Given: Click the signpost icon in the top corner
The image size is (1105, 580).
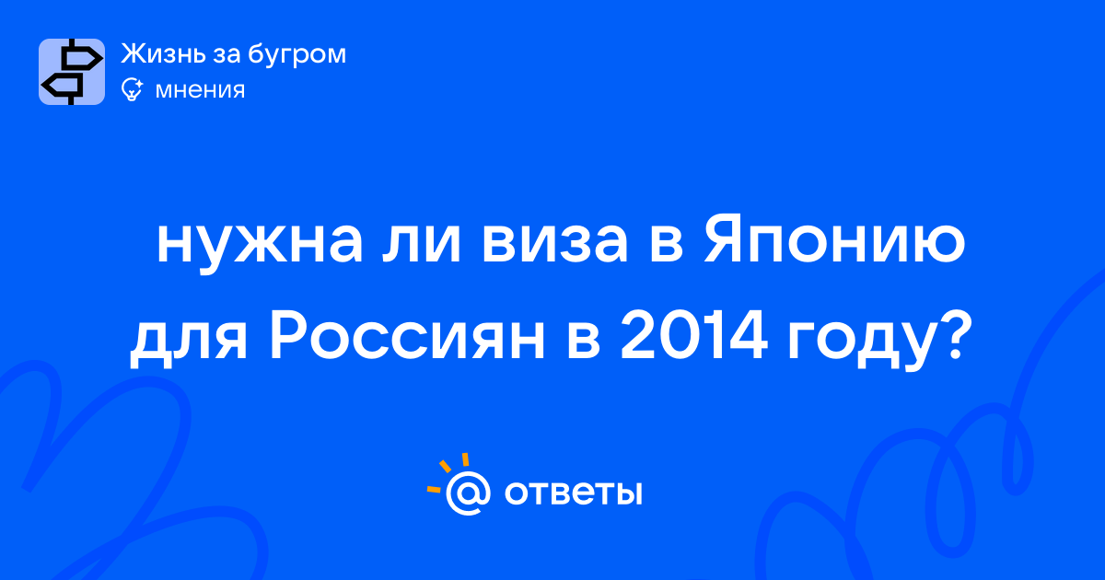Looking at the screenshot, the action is pos(72,72).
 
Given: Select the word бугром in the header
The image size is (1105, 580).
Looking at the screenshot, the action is pos(297,55).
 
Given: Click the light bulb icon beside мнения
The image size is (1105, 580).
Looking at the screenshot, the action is pos(132,90).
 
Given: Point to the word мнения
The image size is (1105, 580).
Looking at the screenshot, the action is pos(200,91).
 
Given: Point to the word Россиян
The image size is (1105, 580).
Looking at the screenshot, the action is pos(407,336).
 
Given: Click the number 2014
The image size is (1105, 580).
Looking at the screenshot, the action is pos(693,336).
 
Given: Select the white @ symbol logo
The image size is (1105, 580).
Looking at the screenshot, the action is pos(468,493).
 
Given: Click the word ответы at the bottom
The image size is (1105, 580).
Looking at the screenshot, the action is pos(573,493).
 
